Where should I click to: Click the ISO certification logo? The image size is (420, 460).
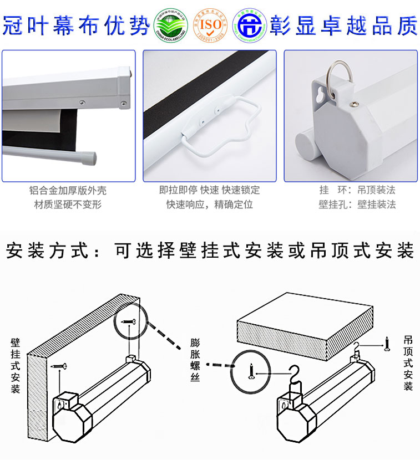pos(210,25)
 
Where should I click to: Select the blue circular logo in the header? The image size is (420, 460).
pos(249,25)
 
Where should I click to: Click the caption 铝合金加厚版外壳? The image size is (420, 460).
pos(68,190)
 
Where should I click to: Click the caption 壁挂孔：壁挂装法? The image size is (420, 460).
pos(357,205)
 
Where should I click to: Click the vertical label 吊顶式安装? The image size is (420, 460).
pos(408,362)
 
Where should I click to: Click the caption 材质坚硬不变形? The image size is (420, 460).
pos(68,205)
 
